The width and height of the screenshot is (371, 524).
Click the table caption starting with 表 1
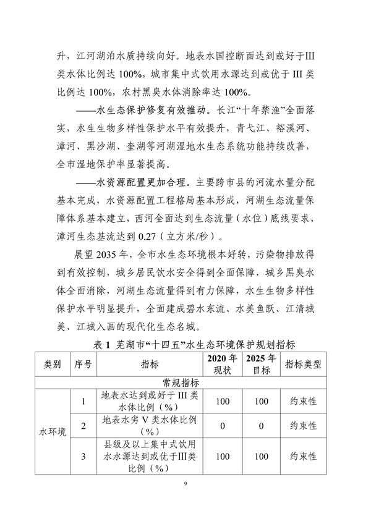tap(185, 344)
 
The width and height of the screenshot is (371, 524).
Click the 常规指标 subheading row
tap(185, 382)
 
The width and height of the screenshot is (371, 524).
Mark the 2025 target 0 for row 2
tap(261, 426)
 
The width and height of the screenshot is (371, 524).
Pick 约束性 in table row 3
tap(303, 457)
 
